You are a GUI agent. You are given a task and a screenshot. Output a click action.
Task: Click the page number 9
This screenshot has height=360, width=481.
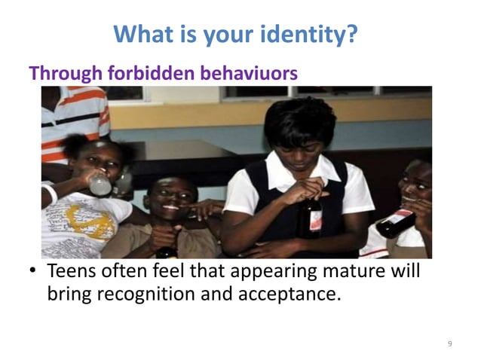[x=450, y=343]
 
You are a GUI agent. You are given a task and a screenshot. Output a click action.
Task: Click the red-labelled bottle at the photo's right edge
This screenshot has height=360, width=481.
[x=395, y=224]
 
